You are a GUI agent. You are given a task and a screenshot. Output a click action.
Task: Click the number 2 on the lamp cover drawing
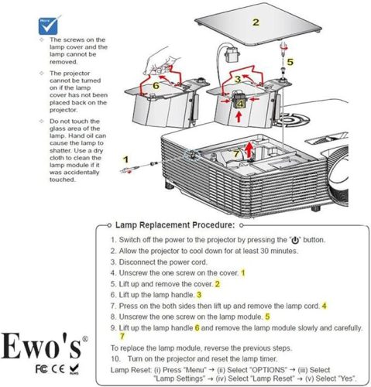point(255,21)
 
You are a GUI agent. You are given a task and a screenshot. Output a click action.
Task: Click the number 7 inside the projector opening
point(237,154)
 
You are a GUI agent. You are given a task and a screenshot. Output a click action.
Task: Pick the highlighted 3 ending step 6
point(200,294)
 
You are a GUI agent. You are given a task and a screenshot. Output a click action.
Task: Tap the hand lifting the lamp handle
point(161,56)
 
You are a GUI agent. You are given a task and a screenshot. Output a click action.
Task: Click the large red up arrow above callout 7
point(247,147)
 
